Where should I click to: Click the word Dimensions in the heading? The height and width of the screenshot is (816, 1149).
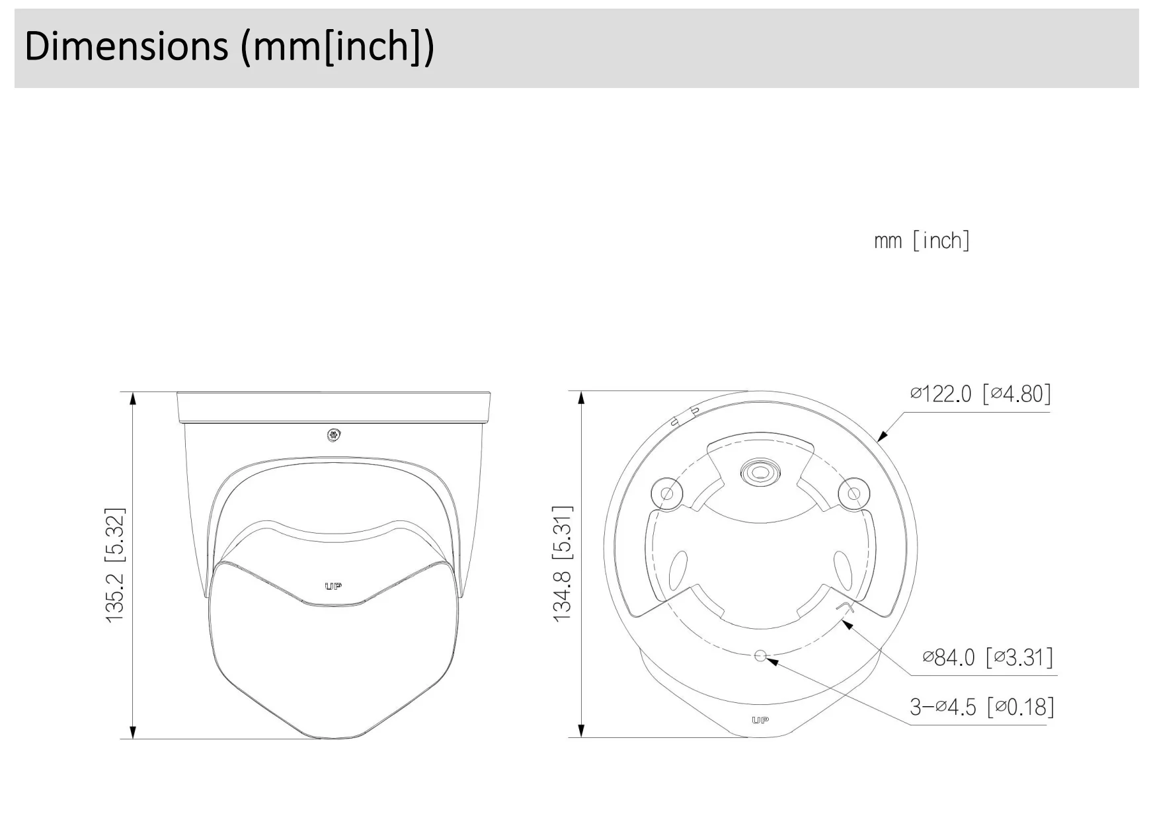[126, 46]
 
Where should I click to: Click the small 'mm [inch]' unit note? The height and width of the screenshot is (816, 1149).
[922, 240]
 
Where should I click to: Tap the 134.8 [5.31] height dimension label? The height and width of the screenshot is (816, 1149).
[562, 563]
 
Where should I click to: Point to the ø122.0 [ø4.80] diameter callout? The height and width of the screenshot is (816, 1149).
[980, 393]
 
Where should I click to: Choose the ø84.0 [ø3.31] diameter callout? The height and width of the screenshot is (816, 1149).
[988, 657]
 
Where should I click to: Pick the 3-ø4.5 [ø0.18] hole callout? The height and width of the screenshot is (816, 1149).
[982, 707]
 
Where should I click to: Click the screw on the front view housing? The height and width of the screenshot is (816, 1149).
[333, 435]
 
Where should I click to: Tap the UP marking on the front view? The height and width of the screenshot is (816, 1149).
[333, 587]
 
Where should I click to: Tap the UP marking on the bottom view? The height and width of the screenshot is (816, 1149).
[760, 720]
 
